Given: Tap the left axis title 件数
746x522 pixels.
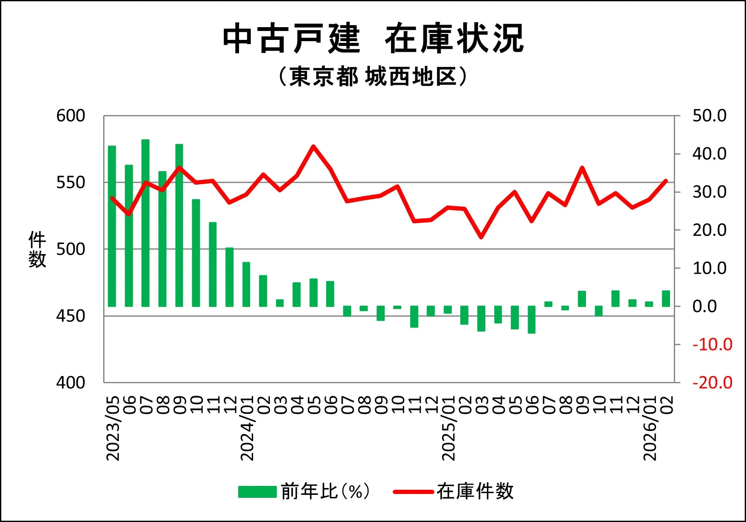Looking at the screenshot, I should click(37, 250).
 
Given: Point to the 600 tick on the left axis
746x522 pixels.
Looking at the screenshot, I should click(70, 116).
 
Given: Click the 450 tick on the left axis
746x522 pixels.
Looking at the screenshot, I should click(70, 316).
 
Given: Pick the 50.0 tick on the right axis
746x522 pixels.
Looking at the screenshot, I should click(709, 116).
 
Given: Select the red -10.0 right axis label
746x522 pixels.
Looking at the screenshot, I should click(712, 345).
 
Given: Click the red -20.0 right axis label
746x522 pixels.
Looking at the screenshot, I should click(712, 383).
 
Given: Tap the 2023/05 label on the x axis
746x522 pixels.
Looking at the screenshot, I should click(113, 429).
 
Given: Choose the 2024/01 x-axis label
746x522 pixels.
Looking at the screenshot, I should click(247, 429).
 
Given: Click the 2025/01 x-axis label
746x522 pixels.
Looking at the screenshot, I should click(448, 429).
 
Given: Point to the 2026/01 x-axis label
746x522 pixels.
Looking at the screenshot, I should click(650, 429).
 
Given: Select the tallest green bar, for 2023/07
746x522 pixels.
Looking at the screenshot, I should click(146, 223).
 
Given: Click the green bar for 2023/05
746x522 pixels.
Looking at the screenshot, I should click(112, 226).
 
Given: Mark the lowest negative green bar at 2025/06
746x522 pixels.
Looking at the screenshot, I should click(532, 320).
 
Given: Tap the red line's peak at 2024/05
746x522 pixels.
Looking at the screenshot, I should click(313, 146).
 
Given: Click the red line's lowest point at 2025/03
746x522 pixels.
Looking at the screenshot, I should click(481, 237).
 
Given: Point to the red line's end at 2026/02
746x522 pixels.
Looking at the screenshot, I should click(666, 181).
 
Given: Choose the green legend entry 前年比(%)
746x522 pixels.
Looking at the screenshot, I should click(304, 491).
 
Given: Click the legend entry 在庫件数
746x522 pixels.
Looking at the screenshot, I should click(453, 491).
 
